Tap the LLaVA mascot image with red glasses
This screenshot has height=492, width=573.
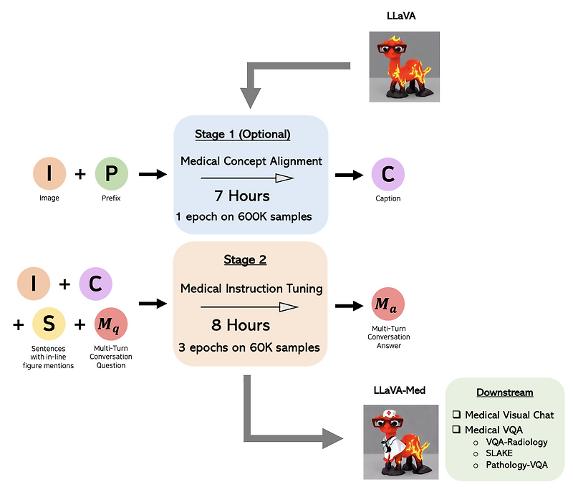tap(403, 65)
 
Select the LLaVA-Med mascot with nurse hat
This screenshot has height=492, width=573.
tap(401, 441)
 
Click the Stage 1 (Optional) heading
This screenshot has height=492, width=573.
tap(242, 135)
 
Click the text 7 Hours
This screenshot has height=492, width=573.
tap(241, 196)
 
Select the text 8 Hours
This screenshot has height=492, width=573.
tap(241, 325)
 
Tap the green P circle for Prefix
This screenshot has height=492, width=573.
tap(112, 174)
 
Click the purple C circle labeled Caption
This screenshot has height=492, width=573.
tap(387, 174)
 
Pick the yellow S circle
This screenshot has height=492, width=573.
tap(49, 324)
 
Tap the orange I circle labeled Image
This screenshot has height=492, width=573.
tap(49, 174)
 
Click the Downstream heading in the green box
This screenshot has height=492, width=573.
tap(504, 393)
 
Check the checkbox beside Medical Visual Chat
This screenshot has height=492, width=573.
tap(456, 415)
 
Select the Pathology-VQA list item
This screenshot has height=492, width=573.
tap(516, 465)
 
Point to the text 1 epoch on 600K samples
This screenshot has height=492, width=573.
tap(244, 216)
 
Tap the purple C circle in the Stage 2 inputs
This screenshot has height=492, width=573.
tap(95, 283)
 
